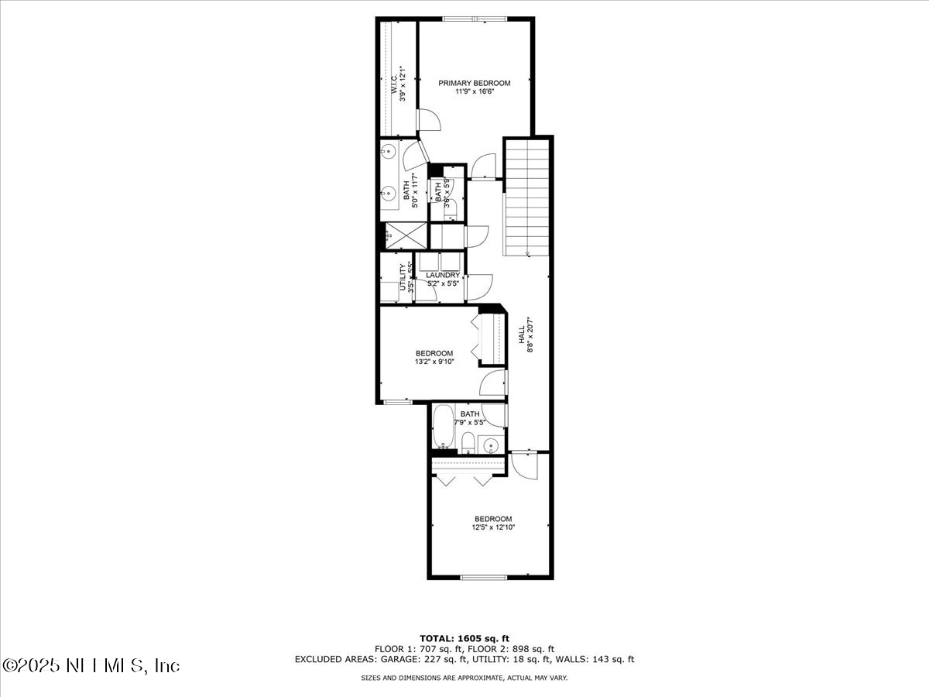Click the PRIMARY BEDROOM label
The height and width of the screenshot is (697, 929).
pos(475,83)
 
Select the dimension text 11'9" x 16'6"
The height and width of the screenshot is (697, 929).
pos(475,91)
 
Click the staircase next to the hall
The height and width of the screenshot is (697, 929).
pos(526,197)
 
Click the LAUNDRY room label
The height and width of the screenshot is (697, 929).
pos(442,275)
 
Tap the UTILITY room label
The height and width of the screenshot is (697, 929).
pos(403,277)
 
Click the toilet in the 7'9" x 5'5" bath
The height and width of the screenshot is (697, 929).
pos(468,442)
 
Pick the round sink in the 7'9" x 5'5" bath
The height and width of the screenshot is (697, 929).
pos(489,444)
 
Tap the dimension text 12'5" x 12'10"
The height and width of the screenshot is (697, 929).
pos(493,527)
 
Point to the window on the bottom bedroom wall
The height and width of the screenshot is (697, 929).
pos(484,577)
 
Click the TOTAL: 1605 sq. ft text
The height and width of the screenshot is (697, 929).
pos(464,638)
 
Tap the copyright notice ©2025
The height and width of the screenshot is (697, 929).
pos(91,665)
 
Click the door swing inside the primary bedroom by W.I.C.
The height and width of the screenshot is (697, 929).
pos(428,120)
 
